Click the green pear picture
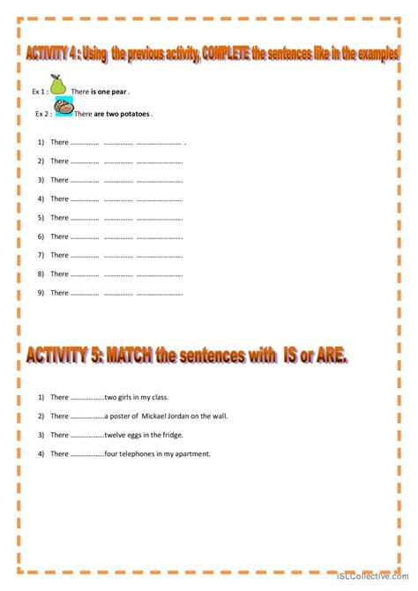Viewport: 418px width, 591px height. click(x=58, y=85)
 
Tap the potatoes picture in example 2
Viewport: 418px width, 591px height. click(x=63, y=108)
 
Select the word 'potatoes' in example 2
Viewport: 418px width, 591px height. click(x=136, y=114)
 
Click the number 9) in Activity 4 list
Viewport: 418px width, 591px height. click(x=41, y=293)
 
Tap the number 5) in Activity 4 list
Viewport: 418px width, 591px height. click(x=41, y=218)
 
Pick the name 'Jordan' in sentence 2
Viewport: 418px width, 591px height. click(x=166, y=415)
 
